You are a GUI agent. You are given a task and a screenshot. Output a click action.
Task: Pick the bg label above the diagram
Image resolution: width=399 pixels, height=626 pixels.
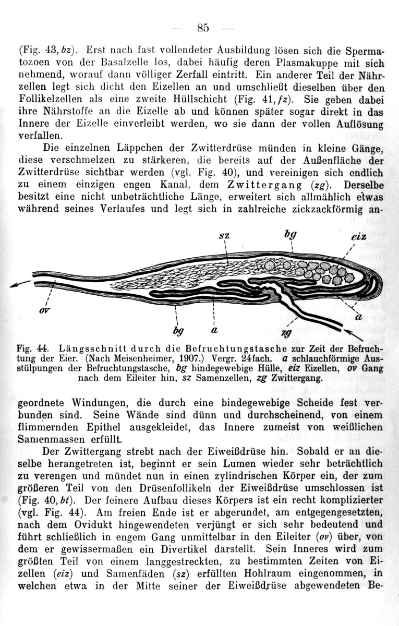[x=288, y=234]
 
